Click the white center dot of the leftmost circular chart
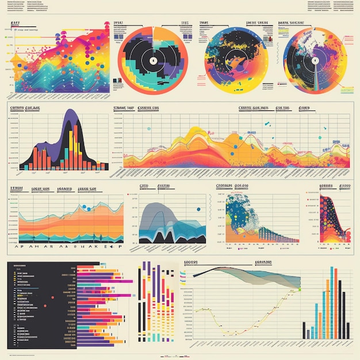(x=153, y=61)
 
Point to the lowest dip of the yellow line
(x=230, y=333)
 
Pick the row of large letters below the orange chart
(x=66, y=246)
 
